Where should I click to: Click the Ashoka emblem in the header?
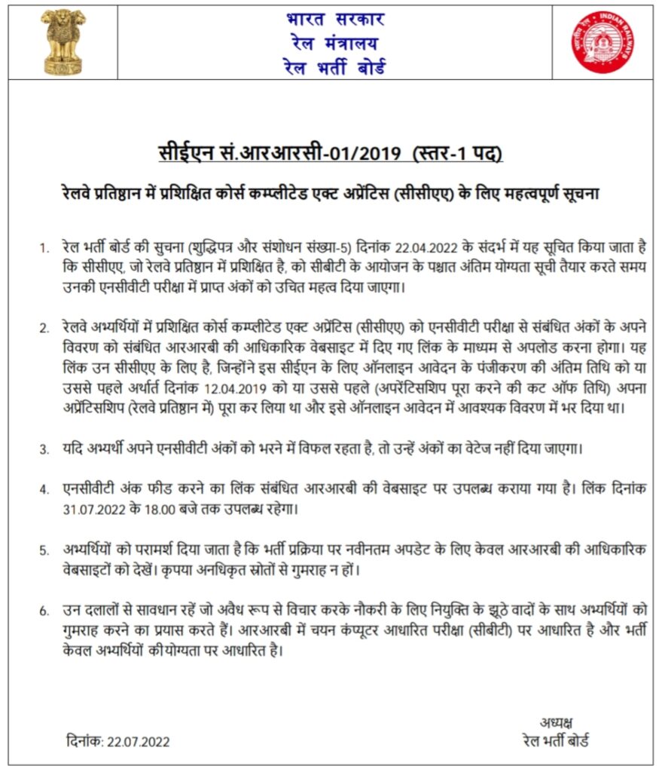[63, 41]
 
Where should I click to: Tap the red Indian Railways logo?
[602, 41]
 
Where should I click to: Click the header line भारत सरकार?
[335, 18]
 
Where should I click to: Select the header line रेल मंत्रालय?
[335, 42]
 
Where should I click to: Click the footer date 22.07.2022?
[138, 741]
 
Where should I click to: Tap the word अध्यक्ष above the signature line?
[557, 721]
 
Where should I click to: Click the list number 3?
[44, 449]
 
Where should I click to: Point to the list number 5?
[44, 550]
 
